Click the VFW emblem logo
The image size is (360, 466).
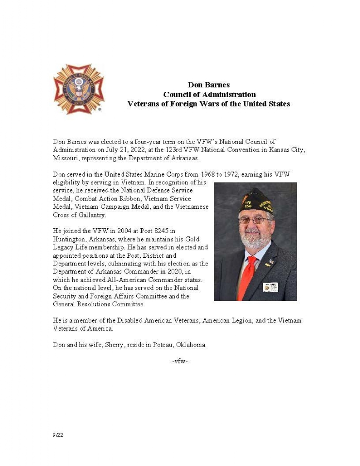click(x=79, y=88)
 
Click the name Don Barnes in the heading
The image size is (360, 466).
click(x=209, y=85)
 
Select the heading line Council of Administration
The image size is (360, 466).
click(x=209, y=94)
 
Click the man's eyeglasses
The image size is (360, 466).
click(x=254, y=220)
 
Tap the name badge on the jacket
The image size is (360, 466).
click(x=270, y=287)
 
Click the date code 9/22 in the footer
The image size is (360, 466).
click(x=58, y=435)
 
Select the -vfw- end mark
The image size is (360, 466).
click(x=180, y=361)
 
